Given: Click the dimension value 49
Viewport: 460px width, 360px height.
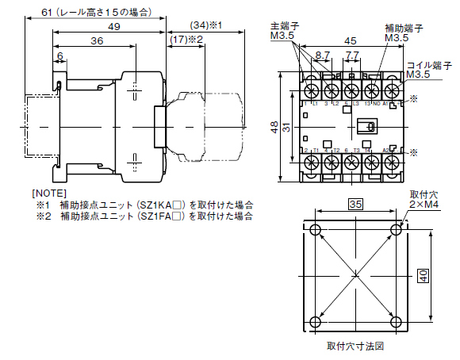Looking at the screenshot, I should pos(114,26).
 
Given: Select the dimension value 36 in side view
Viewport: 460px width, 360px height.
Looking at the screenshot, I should pos(97,40).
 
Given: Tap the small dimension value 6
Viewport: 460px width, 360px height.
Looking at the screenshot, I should pos(60,57).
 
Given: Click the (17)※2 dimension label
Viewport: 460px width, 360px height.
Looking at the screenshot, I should pos(187,39).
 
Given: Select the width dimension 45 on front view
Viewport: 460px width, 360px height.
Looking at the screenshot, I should pos(349,42).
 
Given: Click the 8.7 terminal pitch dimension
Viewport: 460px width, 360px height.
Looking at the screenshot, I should pos(323,56).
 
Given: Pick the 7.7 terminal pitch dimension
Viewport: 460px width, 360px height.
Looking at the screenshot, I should pos(354,56).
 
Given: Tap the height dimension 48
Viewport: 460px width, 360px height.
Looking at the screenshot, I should pos(273,127).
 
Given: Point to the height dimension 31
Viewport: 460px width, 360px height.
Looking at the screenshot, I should pos(287,127).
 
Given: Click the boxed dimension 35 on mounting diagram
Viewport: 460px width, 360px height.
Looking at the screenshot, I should pos(356,204).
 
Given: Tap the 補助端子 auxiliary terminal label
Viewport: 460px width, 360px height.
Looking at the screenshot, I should pos(404,27).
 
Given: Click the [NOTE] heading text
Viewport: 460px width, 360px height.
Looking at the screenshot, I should pos(49,193).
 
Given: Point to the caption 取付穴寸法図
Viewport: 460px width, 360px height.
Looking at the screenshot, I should pos(356,347).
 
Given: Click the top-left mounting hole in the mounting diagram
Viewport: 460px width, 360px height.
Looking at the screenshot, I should pos(316,231).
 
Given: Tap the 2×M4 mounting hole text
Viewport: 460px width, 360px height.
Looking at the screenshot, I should pos(424,205).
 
